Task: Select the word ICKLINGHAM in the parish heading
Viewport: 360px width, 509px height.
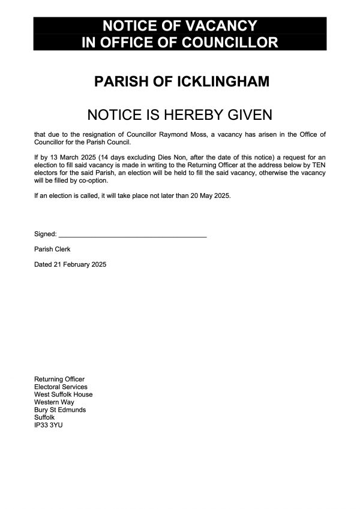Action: pyautogui.click(x=222, y=82)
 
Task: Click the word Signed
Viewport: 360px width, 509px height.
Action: pyautogui.click(x=45, y=234)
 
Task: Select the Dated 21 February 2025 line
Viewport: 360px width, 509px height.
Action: pyautogui.click(x=70, y=264)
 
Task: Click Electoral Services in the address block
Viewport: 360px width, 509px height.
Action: pyautogui.click(x=61, y=387)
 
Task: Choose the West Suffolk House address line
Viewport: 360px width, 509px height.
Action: pyautogui.click(x=63, y=394)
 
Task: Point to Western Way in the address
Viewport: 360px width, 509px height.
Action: pyautogui.click(x=54, y=402)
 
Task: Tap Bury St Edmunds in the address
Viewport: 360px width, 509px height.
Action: pyautogui.click(x=60, y=410)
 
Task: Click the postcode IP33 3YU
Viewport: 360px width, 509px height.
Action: pyautogui.click(x=48, y=425)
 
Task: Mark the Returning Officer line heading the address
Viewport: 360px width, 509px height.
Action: pyautogui.click(x=59, y=380)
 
